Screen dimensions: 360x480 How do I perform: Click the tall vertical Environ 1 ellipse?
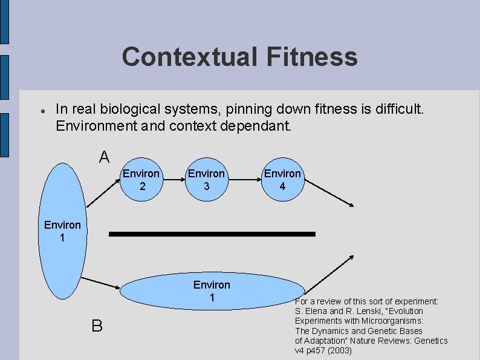pyautogui.click(x=62, y=231)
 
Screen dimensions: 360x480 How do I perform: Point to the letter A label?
pyautogui.click(x=104, y=157)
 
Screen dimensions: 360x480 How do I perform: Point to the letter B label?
pyautogui.click(x=97, y=326)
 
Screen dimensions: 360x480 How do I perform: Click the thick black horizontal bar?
pyautogui.click(x=212, y=234)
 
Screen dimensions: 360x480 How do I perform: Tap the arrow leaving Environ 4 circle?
pyautogui.click(x=328, y=193)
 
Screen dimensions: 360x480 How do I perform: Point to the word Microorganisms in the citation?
pyautogui.click(x=392, y=321)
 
